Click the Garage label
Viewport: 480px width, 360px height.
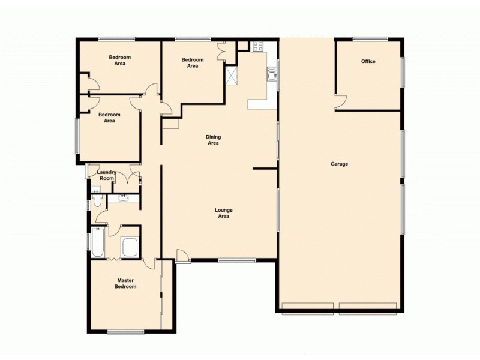pyautogui.click(x=339, y=164)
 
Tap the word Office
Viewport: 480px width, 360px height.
pyautogui.click(x=368, y=61)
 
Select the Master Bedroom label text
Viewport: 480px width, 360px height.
pyautogui.click(x=126, y=283)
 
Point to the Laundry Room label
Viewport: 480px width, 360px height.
pyautogui.click(x=106, y=175)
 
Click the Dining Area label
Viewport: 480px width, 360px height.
pyautogui.click(x=213, y=140)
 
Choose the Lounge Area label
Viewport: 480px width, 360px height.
pyautogui.click(x=224, y=213)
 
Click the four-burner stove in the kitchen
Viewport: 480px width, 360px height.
pyautogui.click(x=259, y=46)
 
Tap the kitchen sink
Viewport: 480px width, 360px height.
pyautogui.click(x=272, y=74)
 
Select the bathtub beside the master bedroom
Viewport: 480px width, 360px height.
pyautogui.click(x=98, y=244)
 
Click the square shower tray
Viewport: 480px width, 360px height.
pyautogui.click(x=129, y=247)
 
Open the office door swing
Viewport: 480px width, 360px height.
pyautogui.click(x=340, y=103)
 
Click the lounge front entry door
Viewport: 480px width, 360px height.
pyautogui.click(x=184, y=256)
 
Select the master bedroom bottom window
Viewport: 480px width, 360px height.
pyautogui.click(x=125, y=332)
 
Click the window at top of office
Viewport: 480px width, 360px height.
pyautogui.click(x=370, y=40)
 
